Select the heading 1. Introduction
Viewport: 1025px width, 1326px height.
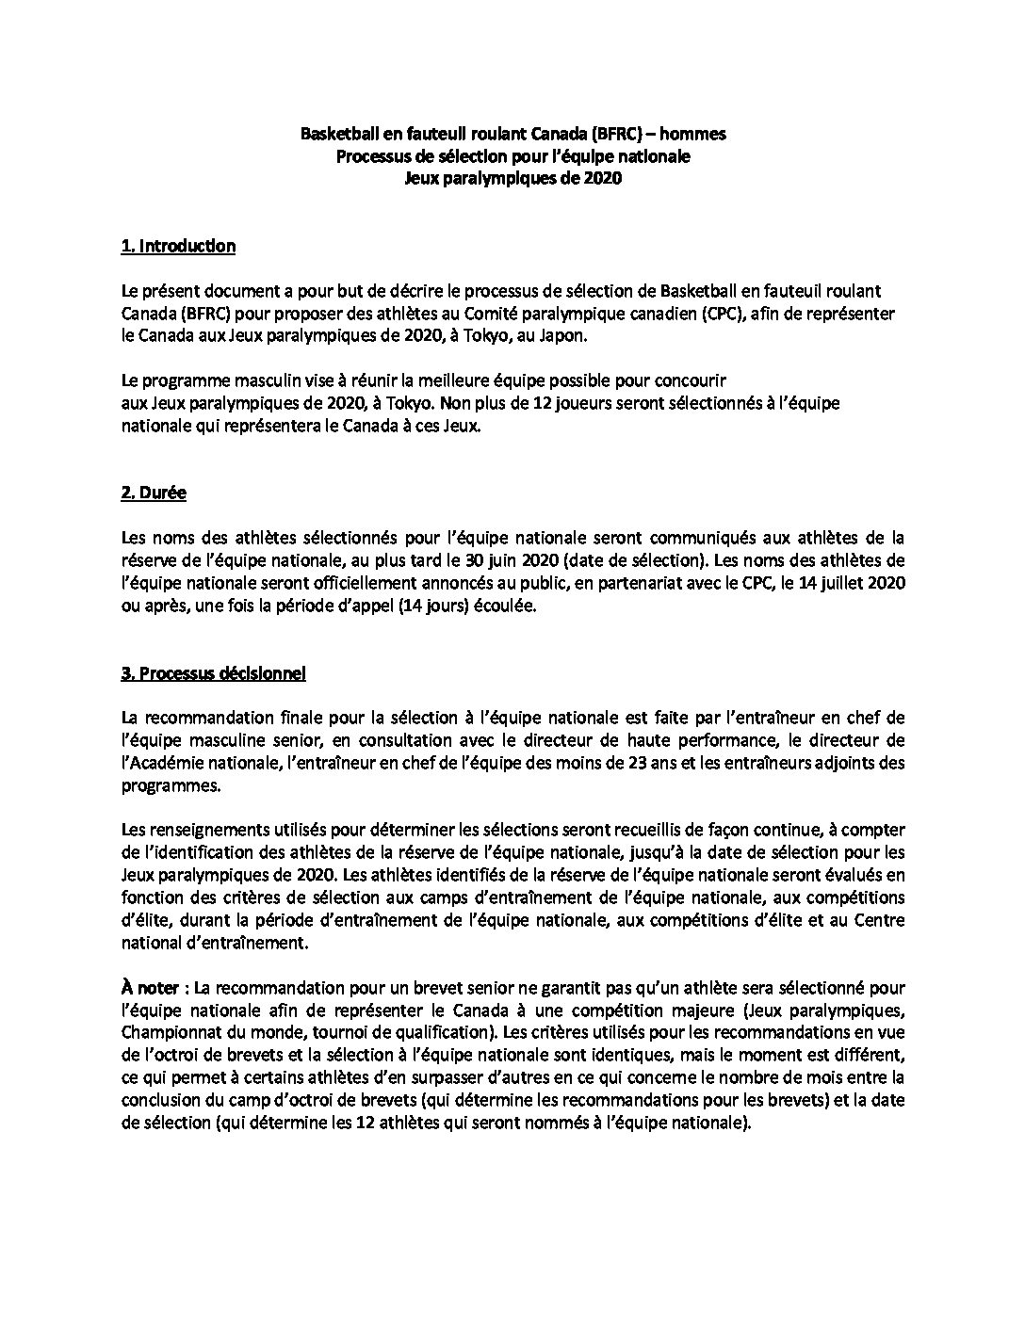[178, 247]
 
